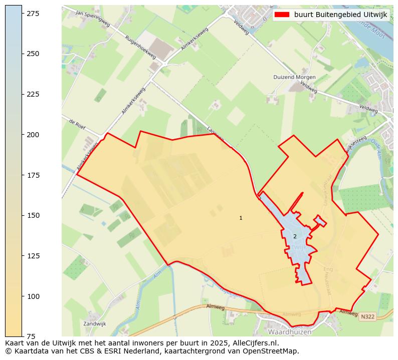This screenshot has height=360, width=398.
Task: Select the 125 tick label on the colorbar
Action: point(33,256)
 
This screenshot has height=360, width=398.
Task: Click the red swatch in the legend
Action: point(282,15)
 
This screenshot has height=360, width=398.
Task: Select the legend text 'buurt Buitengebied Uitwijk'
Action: point(340,15)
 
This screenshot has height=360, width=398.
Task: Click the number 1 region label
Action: point(241,218)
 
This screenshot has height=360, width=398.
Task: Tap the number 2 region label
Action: point(295,236)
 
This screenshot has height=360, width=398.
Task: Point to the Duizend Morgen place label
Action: point(294,77)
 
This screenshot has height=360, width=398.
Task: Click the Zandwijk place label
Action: point(94,324)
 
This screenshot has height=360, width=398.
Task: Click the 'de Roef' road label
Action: point(77,124)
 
